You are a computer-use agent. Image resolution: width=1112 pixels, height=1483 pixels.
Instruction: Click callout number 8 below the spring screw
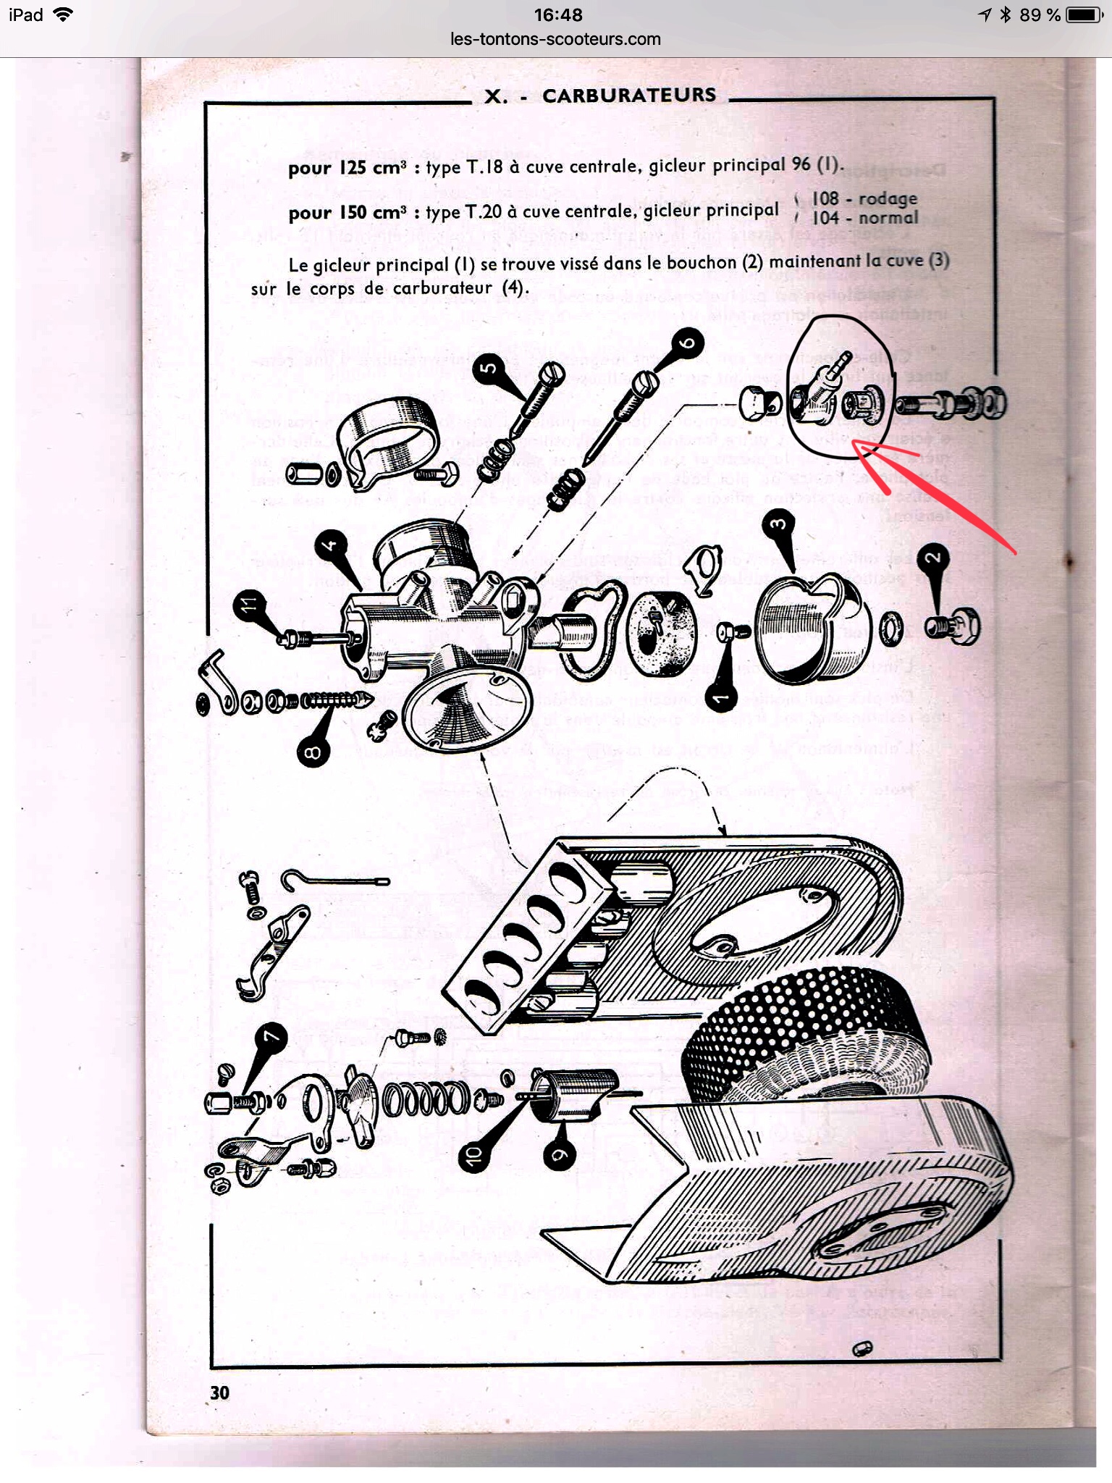point(313,753)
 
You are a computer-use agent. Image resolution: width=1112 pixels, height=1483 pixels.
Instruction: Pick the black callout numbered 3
point(778,524)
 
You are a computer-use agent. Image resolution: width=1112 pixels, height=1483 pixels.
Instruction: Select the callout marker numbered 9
point(558,1155)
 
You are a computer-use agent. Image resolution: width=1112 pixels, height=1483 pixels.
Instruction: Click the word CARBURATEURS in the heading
point(628,96)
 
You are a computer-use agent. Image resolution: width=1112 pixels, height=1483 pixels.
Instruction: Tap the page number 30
point(220,1392)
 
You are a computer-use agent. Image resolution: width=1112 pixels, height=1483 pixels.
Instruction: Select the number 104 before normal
point(825,217)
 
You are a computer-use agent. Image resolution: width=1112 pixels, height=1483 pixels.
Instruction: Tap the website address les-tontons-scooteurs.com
point(555,39)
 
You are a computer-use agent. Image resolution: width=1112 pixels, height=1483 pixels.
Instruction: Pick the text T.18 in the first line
point(484,167)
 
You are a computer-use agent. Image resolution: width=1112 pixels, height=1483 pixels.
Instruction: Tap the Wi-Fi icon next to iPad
point(64,15)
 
